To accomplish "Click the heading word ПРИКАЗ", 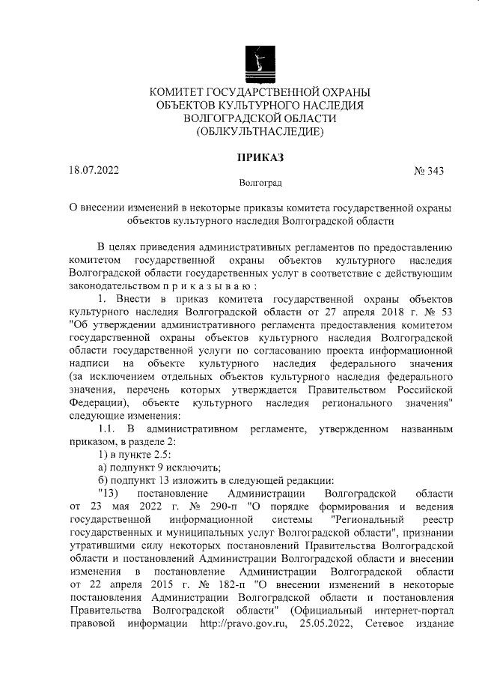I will pyautogui.click(x=259, y=157).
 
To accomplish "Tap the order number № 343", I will pyautogui.click(x=429, y=171).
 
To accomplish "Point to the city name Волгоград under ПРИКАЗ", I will pyautogui.click(x=260, y=182).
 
